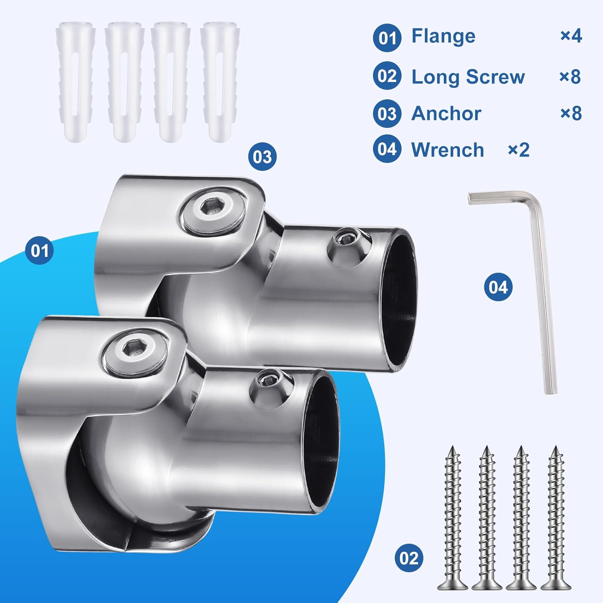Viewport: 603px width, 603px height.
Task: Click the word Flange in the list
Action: (443, 36)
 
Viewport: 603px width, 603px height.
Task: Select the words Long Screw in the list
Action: (468, 76)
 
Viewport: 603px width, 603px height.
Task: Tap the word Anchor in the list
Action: (446, 113)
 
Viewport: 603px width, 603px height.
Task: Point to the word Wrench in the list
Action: (447, 150)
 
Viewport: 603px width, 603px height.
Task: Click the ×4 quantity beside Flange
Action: (571, 36)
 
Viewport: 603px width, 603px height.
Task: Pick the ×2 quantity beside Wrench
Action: (519, 150)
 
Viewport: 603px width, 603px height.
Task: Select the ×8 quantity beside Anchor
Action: (571, 113)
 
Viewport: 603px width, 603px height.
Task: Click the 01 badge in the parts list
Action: (387, 38)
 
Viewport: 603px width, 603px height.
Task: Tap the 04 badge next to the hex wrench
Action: (498, 287)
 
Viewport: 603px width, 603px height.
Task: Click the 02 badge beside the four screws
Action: (409, 558)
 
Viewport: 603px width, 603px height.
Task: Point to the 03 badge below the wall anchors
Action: (262, 157)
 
